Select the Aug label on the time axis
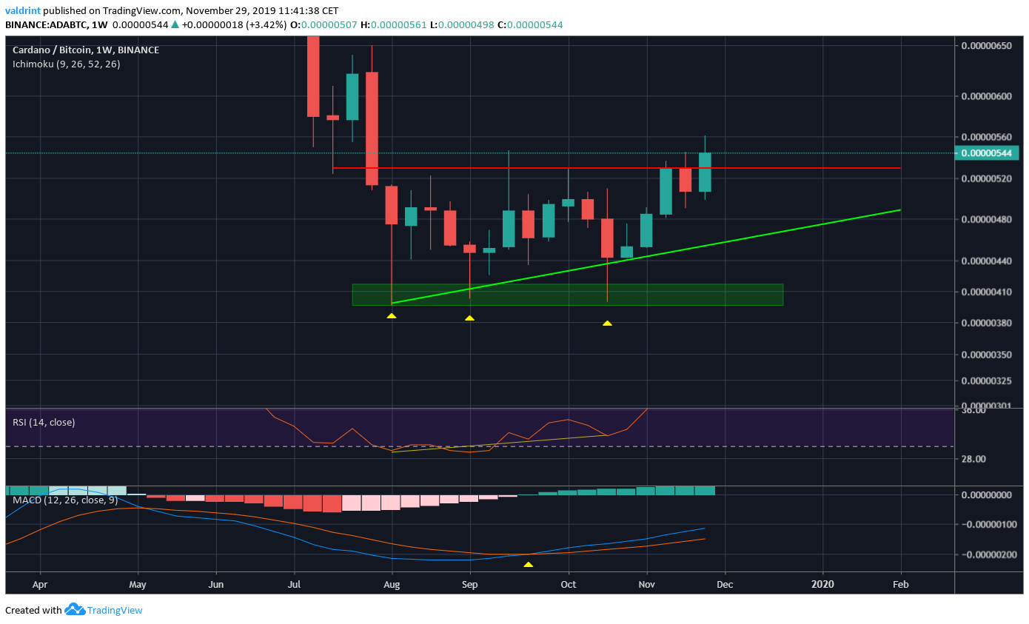click(392, 583)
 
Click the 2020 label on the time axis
click(822, 583)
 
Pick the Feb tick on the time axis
click(900, 583)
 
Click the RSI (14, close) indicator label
click(44, 422)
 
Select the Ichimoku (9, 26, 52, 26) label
click(67, 64)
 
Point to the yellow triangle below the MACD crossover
click(528, 565)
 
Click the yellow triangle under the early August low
click(392, 316)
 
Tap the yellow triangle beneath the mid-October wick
click(607, 323)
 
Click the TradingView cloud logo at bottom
click(76, 610)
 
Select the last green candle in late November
click(705, 172)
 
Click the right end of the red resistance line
click(899, 168)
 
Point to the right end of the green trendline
click(899, 210)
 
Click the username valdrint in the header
click(23, 11)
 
